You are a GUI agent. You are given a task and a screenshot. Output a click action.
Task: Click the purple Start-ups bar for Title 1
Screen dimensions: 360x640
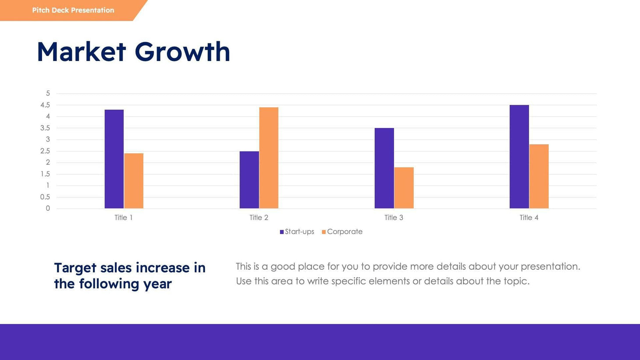pyautogui.click(x=114, y=159)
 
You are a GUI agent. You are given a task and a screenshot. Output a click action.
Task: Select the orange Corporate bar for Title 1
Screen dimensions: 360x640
pyautogui.click(x=134, y=181)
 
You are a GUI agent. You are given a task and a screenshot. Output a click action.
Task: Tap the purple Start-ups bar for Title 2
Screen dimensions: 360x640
pyautogui.click(x=249, y=180)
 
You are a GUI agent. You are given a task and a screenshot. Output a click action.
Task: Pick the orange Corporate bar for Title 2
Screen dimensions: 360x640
pyautogui.click(x=269, y=158)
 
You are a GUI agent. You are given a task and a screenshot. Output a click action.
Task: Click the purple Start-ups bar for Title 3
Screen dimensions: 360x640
pyautogui.click(x=384, y=168)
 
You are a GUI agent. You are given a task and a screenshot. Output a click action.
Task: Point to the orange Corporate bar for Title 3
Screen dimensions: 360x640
pyautogui.click(x=404, y=188)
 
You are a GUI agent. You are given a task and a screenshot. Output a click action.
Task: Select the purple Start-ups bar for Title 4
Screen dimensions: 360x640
pyautogui.click(x=519, y=157)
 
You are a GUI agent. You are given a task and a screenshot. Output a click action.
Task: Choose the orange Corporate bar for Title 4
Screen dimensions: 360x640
pyautogui.click(x=539, y=176)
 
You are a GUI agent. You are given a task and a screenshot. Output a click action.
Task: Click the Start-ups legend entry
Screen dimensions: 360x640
pyautogui.click(x=297, y=232)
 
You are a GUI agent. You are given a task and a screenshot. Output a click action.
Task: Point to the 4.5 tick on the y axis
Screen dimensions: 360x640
pyautogui.click(x=45, y=105)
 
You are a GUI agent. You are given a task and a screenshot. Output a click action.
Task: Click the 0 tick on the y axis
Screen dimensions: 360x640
pyautogui.click(x=48, y=208)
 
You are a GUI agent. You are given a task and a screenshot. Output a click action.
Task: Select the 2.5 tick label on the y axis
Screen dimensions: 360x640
pyautogui.click(x=45, y=151)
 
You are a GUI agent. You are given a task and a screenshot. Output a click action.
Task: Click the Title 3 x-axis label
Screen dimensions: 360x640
pyautogui.click(x=394, y=217)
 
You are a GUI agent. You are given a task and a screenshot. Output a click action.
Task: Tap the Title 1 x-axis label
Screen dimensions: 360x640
pyautogui.click(x=124, y=217)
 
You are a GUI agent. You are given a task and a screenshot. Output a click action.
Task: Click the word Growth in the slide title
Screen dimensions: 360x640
pyautogui.click(x=182, y=52)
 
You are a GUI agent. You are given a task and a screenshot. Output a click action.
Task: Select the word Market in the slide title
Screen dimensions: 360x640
pyautogui.click(x=82, y=52)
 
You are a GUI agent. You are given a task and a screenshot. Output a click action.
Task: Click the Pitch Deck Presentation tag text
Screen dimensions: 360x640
pyautogui.click(x=73, y=10)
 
